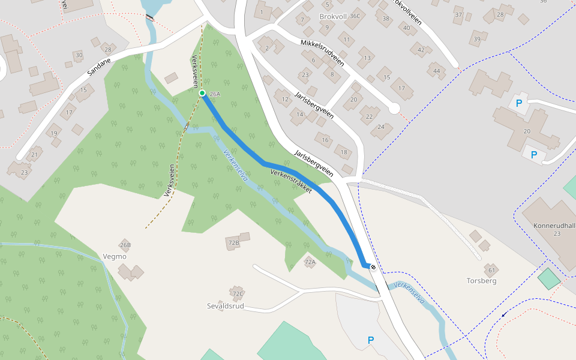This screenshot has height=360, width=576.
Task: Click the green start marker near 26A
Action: point(202,93)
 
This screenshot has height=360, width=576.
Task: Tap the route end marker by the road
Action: point(373,266)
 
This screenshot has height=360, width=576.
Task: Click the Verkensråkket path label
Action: point(292,181)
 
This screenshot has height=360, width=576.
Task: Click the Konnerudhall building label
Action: point(554,226)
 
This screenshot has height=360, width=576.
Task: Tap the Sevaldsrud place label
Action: point(226,305)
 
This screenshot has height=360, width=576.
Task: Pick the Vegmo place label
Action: point(115,256)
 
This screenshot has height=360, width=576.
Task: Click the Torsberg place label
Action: point(481,280)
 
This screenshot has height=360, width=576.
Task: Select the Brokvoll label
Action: point(334,16)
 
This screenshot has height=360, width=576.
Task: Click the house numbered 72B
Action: point(233,242)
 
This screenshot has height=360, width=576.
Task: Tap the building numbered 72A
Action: point(310,262)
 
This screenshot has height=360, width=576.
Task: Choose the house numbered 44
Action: point(436,71)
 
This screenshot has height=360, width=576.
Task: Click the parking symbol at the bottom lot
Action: point(370,340)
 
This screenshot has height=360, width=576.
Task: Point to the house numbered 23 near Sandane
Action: point(24,172)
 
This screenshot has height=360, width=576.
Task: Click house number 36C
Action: point(355,16)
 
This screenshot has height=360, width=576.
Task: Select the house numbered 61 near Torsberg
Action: point(491,271)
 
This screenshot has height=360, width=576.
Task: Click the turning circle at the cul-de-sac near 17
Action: point(394,108)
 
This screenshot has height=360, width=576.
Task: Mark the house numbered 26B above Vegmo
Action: point(125,245)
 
